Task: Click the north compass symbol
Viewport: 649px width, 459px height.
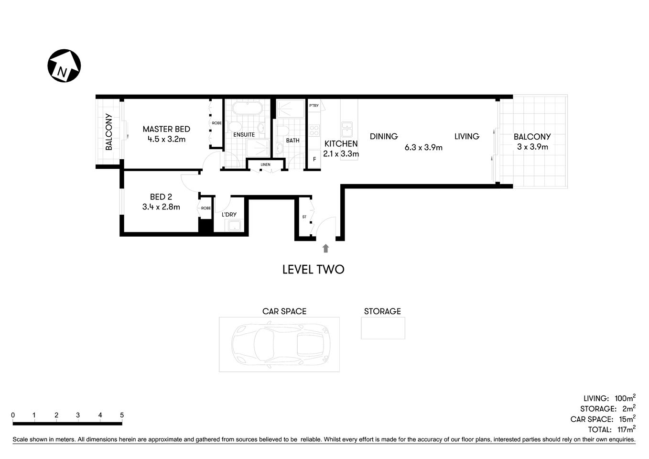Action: click(x=64, y=66)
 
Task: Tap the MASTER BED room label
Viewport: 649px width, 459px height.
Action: click(x=166, y=129)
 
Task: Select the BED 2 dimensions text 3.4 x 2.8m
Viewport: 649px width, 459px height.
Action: click(x=161, y=207)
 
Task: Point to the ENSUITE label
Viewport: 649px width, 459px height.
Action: click(x=244, y=135)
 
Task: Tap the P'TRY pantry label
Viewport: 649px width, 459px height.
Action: click(x=314, y=106)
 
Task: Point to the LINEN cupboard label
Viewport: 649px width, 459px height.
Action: click(x=265, y=164)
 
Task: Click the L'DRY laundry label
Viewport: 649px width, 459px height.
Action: click(x=229, y=215)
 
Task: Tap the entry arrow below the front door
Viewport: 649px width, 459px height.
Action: click(x=326, y=248)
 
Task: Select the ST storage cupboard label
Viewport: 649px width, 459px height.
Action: click(x=304, y=217)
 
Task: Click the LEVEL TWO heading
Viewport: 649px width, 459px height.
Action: click(x=313, y=270)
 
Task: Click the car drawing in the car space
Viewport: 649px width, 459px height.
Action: click(x=279, y=344)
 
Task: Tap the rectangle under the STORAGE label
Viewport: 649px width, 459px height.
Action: click(x=383, y=328)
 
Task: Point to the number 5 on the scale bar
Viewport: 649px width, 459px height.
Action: click(x=122, y=415)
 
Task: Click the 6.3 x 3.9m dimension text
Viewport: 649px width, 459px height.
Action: click(x=423, y=148)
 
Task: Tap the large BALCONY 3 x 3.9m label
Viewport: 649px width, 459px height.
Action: click(x=532, y=142)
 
